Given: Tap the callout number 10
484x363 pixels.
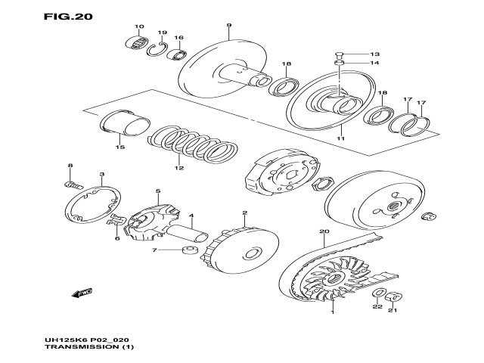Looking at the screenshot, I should click(139, 28).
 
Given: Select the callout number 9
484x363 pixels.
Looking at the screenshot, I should click(228, 26).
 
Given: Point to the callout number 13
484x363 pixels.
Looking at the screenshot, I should click(375, 54).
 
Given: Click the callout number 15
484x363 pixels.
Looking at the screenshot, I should click(118, 147).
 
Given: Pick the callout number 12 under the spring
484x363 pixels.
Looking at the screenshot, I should click(178, 168).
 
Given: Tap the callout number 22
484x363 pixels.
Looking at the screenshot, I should click(377, 308).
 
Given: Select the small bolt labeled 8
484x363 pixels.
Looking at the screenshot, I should click(73, 183).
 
